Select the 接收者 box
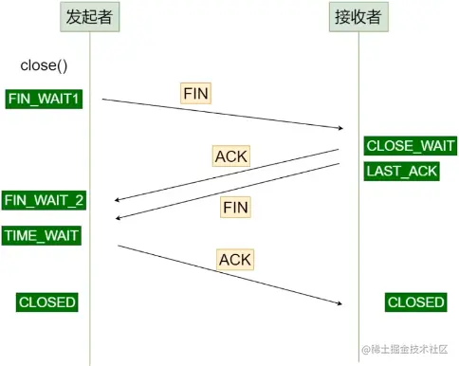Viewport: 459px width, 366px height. [358, 18]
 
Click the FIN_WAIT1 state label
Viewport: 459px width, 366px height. [44, 98]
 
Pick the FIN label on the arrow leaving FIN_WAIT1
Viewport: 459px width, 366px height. [195, 93]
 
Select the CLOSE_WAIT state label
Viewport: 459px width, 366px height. [411, 146]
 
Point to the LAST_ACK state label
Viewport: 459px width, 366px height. [402, 171]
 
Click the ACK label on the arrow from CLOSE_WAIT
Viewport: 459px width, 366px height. [229, 156]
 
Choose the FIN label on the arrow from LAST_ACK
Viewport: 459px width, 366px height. [235, 207]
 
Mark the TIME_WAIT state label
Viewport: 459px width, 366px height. [42, 234]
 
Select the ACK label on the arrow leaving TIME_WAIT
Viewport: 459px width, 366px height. [234, 258]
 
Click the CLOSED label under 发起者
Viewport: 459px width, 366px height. [46, 302]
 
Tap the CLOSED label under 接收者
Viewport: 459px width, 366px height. [415, 302]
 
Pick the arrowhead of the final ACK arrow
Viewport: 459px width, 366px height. [338, 303]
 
